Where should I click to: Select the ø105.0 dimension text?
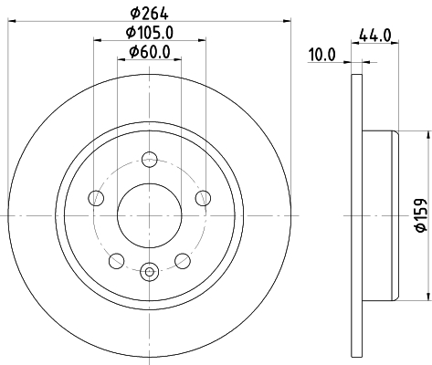tap(150, 33)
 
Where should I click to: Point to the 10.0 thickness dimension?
tap(321, 55)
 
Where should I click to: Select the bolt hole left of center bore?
tap(94, 199)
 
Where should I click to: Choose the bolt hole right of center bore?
tap(204, 199)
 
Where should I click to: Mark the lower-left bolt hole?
tap(115, 260)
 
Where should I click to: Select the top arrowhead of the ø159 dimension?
tap(426, 133)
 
